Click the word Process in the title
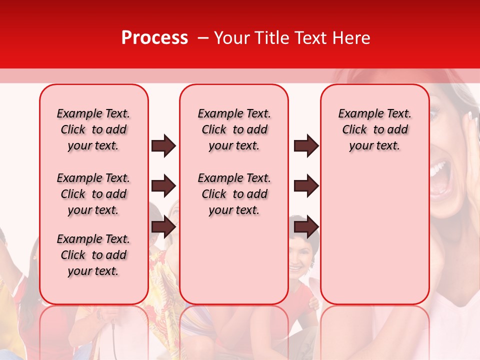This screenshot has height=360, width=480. tap(154, 38)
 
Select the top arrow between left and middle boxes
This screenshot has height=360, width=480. tap(163, 145)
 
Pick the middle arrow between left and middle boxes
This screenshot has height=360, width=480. tap(163, 186)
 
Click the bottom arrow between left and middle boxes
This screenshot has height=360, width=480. tap(163, 227)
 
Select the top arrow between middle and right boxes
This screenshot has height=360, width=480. tap(306, 145)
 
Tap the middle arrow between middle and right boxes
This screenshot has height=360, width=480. tap(306, 186)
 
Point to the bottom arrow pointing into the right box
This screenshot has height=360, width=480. tap(306, 227)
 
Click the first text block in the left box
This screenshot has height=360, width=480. tap(93, 129)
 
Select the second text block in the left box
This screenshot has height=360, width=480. tap(93, 194)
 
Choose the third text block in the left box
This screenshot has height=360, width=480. tap(93, 255)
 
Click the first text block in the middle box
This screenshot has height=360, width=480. tap(234, 129)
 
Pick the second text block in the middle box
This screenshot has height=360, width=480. tap(234, 194)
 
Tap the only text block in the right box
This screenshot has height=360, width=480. tap(374, 129)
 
